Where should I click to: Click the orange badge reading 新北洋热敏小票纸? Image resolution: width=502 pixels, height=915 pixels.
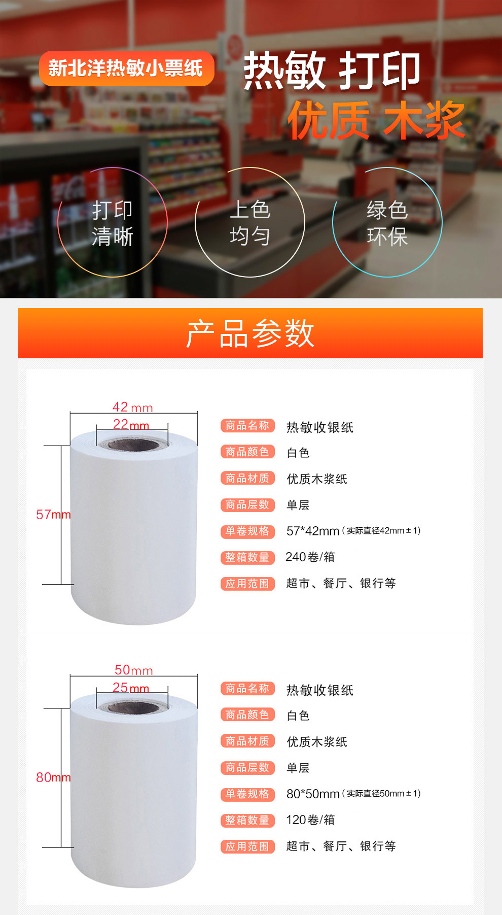(x=127, y=68)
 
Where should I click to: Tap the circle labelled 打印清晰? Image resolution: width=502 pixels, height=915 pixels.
(x=113, y=167)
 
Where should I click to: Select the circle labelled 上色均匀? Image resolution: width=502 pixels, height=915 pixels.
(x=250, y=167)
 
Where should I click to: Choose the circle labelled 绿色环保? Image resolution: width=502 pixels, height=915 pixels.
(x=387, y=167)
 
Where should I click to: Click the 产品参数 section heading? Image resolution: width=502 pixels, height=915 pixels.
(x=250, y=333)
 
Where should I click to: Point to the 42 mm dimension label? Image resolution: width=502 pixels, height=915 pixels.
(x=132, y=407)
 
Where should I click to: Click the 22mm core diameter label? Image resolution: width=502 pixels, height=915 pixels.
(x=131, y=424)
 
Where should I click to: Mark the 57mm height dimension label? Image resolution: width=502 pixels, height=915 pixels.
(x=53, y=515)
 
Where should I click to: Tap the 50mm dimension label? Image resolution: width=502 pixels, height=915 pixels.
(x=134, y=670)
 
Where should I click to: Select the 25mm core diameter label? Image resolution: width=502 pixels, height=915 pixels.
(x=131, y=688)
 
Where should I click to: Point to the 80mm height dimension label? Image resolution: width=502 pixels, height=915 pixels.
(x=53, y=777)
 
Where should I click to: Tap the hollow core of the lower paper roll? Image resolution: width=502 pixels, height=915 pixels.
(x=133, y=708)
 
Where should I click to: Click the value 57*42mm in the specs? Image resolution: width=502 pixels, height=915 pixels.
(x=313, y=531)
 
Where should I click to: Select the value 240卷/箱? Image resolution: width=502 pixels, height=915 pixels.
(x=310, y=557)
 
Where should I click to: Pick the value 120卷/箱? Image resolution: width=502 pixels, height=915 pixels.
(x=310, y=820)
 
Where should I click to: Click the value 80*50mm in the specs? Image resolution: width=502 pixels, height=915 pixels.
(x=313, y=794)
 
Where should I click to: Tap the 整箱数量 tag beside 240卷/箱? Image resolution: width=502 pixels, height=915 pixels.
(x=247, y=557)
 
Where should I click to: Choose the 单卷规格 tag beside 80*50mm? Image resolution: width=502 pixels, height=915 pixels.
(x=247, y=794)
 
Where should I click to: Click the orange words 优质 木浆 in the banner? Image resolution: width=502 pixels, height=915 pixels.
(x=376, y=120)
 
